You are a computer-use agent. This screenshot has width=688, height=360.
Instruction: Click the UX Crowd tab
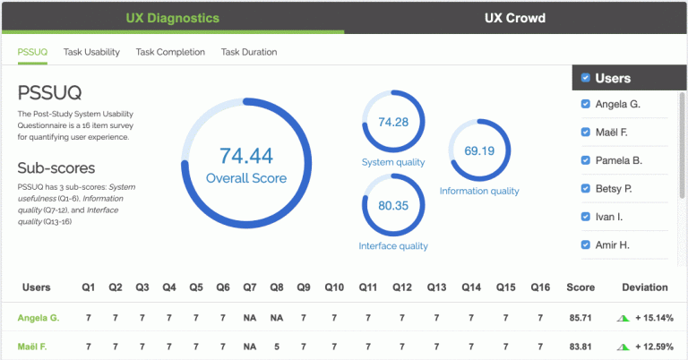coord(515,18)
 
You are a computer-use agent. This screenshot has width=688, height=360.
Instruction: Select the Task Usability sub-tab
coord(91,52)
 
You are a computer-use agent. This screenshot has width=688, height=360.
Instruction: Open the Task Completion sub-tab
coord(170,52)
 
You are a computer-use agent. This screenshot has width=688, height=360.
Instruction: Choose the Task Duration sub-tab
coord(249,52)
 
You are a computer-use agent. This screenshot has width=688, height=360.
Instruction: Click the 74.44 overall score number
coord(245,155)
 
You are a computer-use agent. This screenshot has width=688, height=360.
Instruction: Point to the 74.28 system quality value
coord(393,122)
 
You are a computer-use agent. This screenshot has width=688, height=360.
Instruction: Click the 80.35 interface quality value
coord(393,205)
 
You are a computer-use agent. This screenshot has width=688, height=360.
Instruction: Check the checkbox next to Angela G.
coord(586,105)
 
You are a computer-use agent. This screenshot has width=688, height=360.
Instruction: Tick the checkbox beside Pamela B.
coord(586,160)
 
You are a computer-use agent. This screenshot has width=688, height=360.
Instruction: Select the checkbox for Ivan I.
coord(586,217)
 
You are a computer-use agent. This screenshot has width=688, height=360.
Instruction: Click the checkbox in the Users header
coord(586,78)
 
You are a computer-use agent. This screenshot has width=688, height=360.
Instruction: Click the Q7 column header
coord(250,287)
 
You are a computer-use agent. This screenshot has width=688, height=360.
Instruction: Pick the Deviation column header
coord(645,287)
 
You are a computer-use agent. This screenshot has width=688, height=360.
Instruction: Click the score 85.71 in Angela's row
coord(580,318)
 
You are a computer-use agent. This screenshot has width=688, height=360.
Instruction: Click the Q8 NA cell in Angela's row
coord(277,318)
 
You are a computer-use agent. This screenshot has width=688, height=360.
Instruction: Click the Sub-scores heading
coord(56,167)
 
